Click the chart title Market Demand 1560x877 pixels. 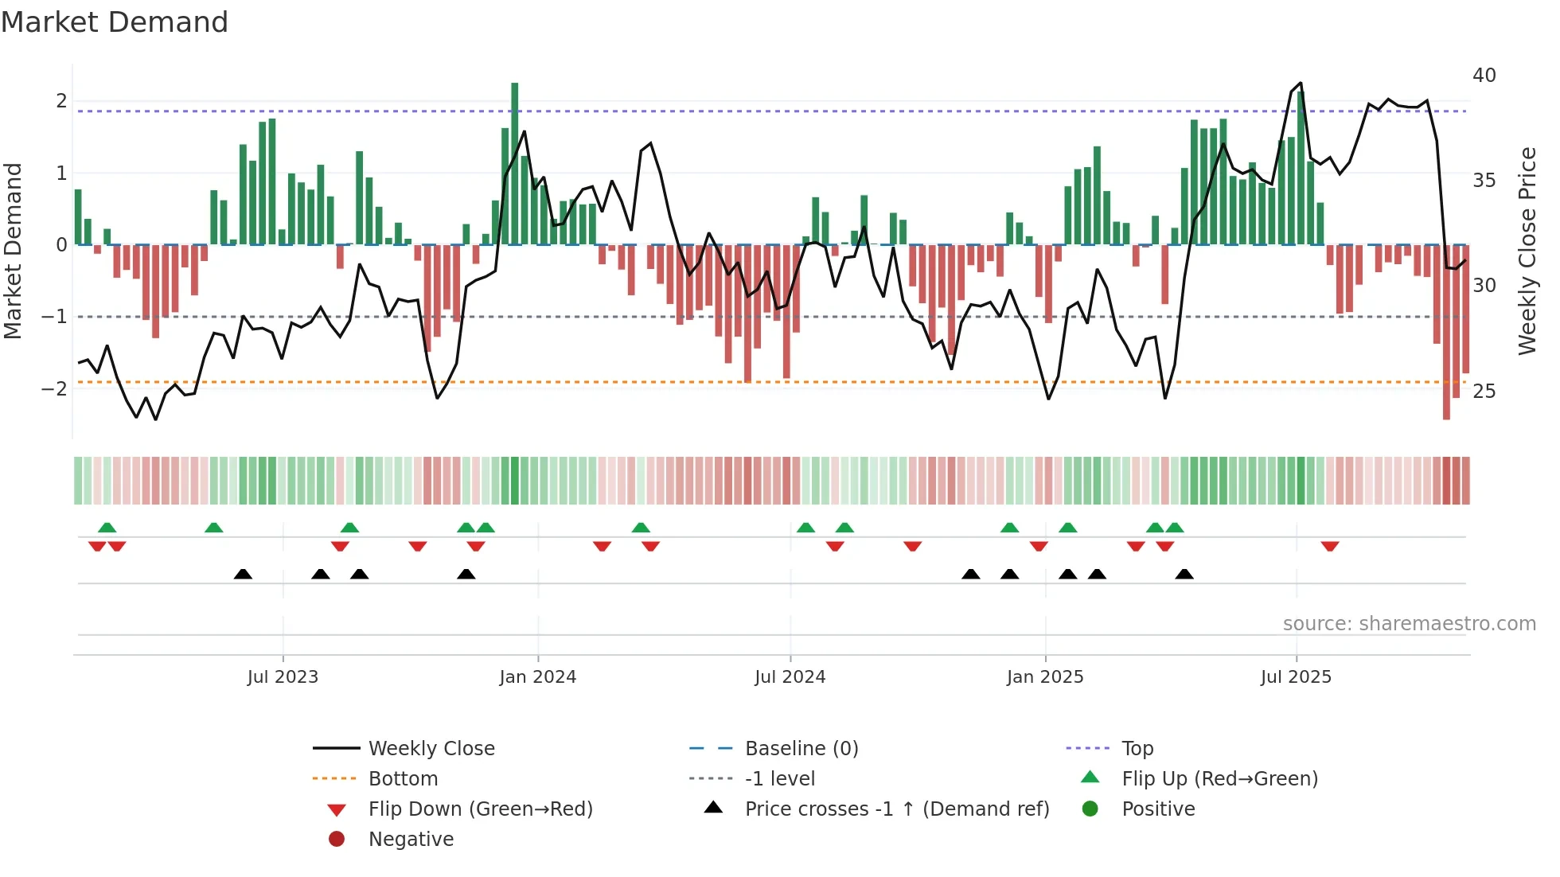coord(115,22)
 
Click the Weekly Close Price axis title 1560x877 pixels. coord(1527,251)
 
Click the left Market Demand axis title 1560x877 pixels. coord(13,251)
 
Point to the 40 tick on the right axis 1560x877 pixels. coord(1484,76)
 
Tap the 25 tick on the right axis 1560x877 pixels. coord(1484,391)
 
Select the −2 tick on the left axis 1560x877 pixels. coord(54,388)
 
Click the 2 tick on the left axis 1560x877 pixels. coord(60,101)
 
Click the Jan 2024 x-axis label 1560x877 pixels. coord(537,677)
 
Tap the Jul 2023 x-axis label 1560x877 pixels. coord(283,677)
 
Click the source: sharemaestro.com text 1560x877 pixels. coord(1409,624)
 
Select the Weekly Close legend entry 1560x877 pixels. coord(431,749)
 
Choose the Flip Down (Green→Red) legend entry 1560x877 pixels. coord(480,809)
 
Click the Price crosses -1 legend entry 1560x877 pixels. coord(896,809)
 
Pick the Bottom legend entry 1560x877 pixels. coord(403,779)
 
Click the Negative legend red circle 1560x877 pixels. coord(337,840)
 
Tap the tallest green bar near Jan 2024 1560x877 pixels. coord(515,163)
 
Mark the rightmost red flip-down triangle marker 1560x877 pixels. coord(1329,546)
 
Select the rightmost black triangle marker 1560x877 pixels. coord(1184,575)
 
